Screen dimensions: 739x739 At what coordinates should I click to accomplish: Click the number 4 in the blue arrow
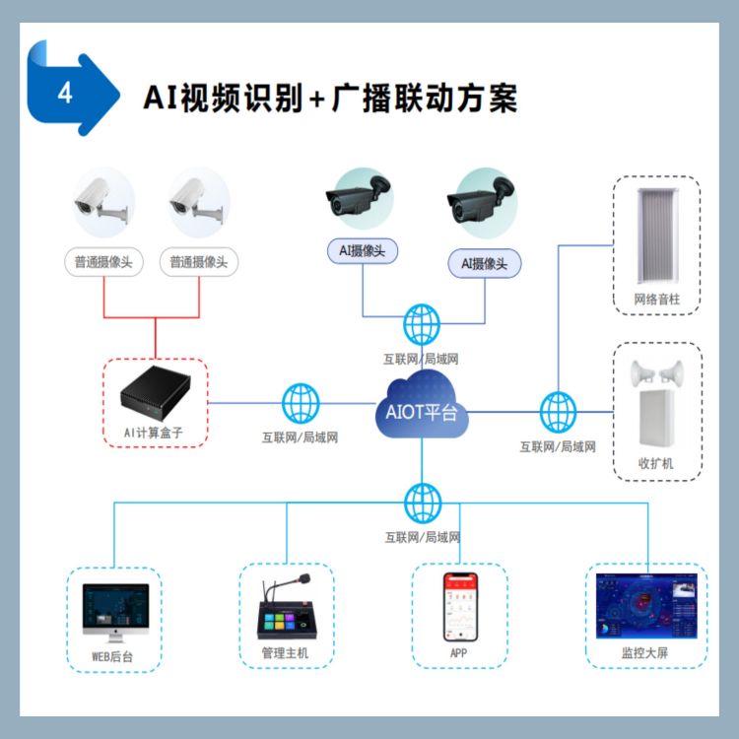tap(65, 94)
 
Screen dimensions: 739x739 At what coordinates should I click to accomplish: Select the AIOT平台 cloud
tap(421, 409)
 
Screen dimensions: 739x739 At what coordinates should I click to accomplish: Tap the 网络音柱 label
tap(656, 299)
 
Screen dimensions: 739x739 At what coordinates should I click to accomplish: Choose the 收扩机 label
tap(656, 463)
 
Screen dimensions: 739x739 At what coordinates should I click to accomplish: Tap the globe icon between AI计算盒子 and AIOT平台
tap(301, 403)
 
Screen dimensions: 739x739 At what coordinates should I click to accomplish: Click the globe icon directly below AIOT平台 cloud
tap(422, 503)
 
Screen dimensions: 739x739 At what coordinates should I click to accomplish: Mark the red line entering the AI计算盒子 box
tap(156, 340)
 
